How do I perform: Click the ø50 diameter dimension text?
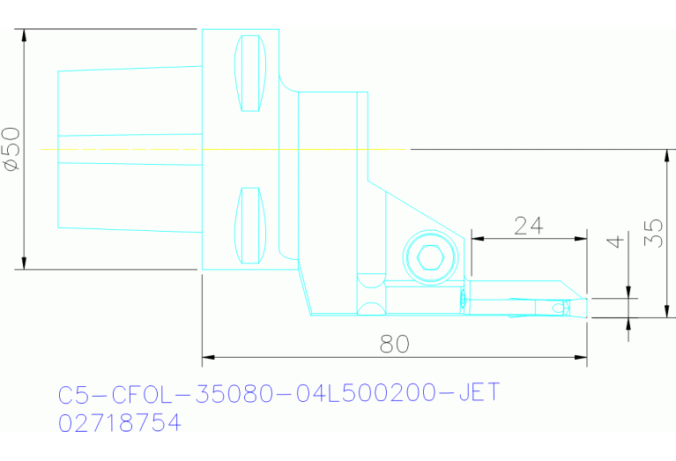point(11,148)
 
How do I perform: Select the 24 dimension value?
point(528,226)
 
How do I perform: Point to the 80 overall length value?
point(394,345)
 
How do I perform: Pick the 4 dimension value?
point(616,242)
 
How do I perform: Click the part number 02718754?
point(119,424)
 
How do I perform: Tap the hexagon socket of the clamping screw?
point(430,258)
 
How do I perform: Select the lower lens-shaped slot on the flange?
point(250,226)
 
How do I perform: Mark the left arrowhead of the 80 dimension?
point(208,358)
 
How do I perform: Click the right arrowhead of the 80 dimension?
point(581,358)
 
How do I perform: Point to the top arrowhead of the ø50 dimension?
point(25,35)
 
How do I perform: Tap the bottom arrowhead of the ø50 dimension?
point(25,263)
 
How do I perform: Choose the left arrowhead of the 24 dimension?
point(477,238)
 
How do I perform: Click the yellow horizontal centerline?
point(220,149)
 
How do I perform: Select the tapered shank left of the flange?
point(128,148)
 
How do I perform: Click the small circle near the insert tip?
point(556,308)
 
